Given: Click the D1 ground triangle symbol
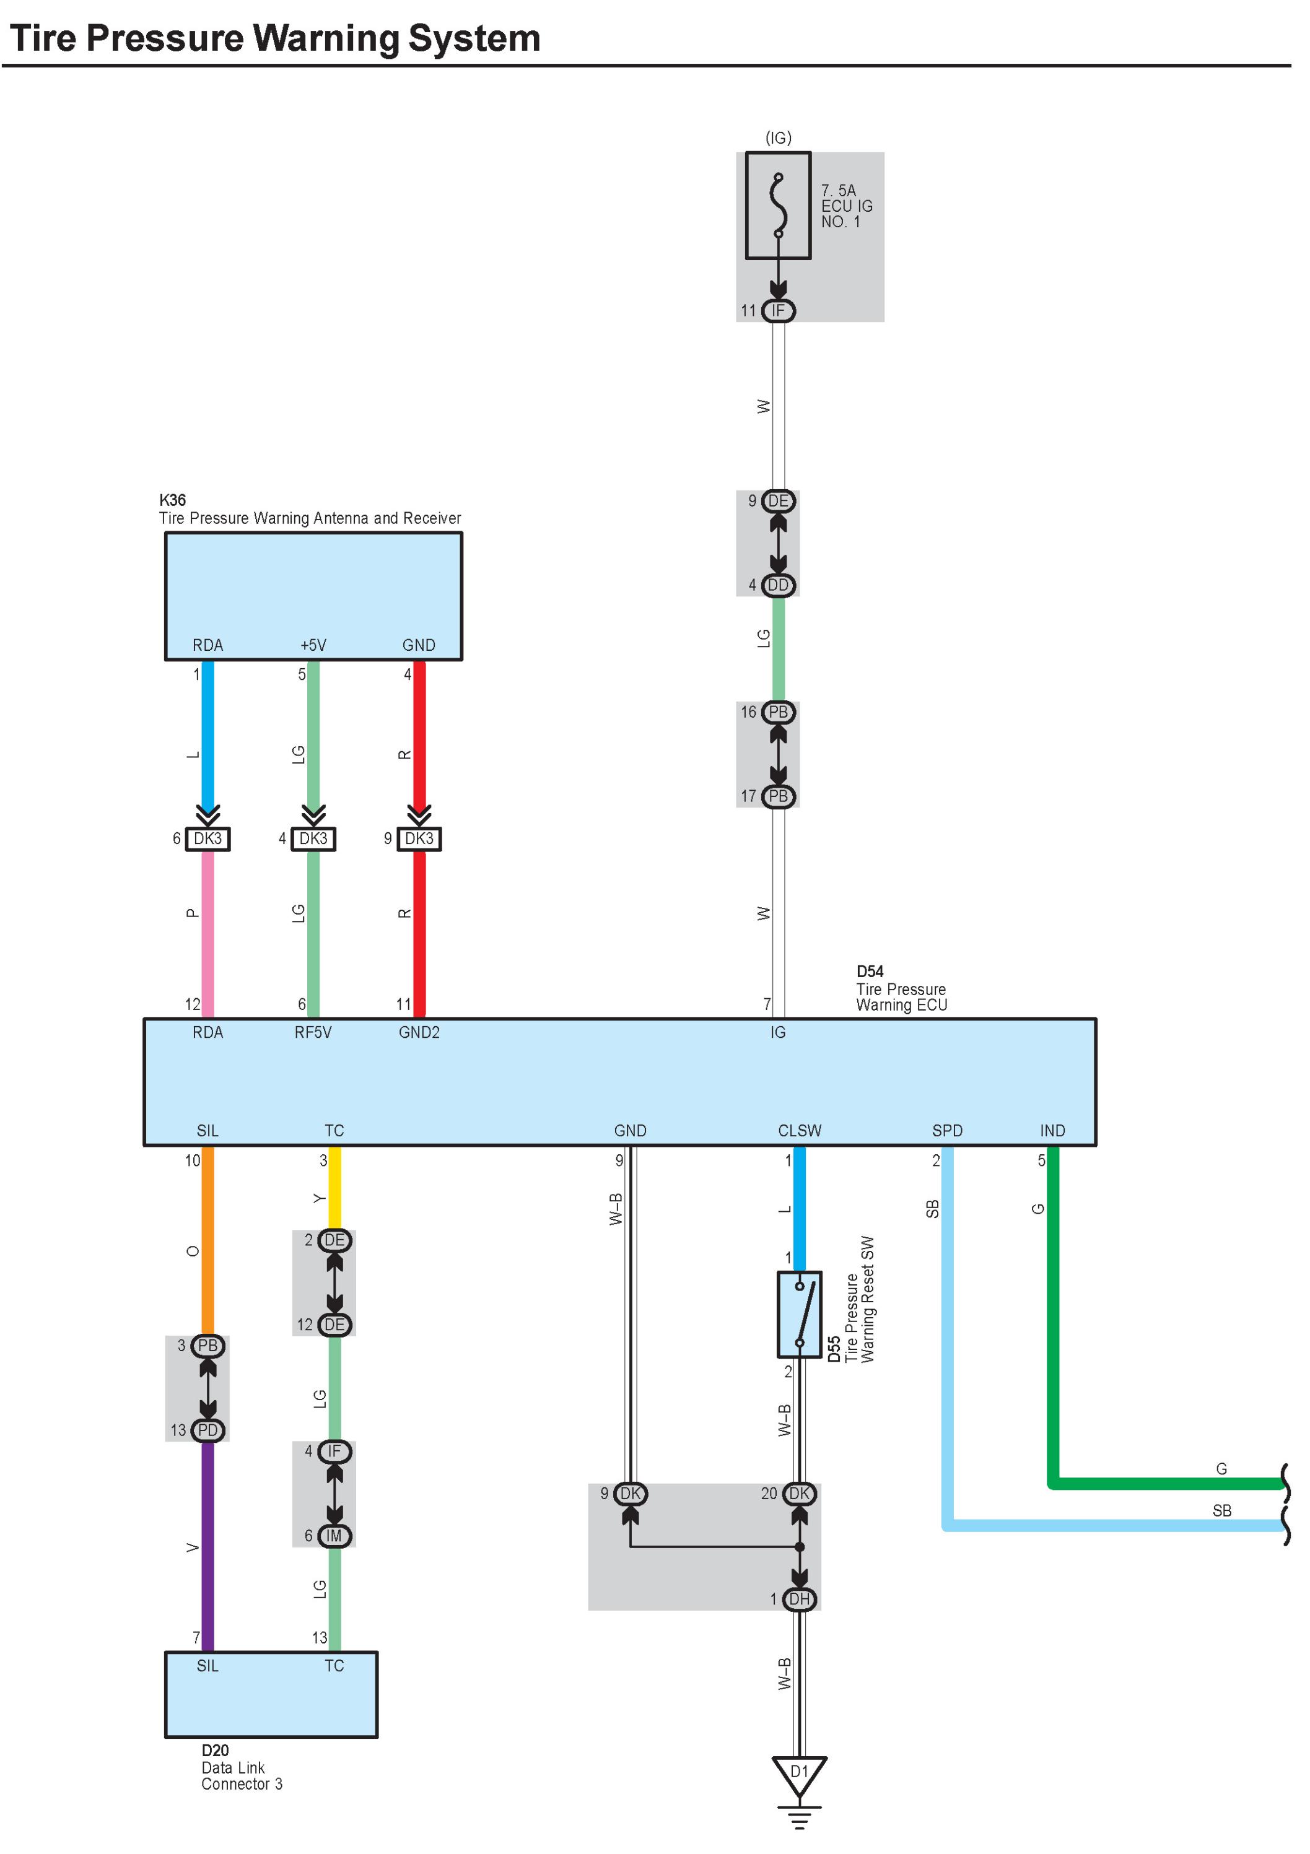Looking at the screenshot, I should click(799, 1773).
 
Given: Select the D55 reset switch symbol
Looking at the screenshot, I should click(799, 1315).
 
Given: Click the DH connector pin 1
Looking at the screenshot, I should click(799, 1599).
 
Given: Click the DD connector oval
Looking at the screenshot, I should click(778, 585).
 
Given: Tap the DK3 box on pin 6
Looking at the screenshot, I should click(207, 838).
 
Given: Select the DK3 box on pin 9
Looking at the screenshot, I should click(419, 838).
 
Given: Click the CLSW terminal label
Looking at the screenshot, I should click(800, 1131).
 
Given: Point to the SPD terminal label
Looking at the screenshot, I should click(948, 1131).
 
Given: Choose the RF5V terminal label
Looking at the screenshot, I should click(313, 1032).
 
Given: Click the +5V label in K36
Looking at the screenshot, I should click(313, 645).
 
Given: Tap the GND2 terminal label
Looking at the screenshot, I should click(419, 1032).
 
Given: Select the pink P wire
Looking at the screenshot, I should click(207, 929).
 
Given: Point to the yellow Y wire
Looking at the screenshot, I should click(334, 1187).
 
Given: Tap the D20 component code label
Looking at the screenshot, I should click(215, 1751).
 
